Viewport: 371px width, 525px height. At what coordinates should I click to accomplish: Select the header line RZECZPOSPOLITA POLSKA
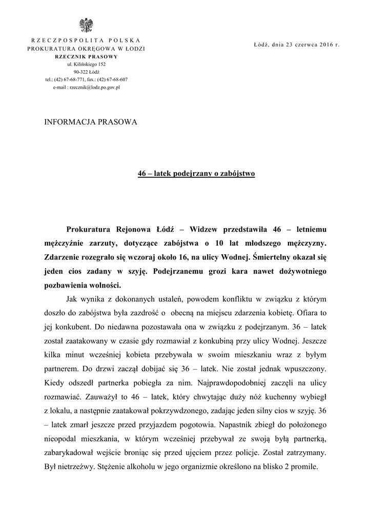[86, 40]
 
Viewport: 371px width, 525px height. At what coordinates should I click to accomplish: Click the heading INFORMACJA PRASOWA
[92, 122]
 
